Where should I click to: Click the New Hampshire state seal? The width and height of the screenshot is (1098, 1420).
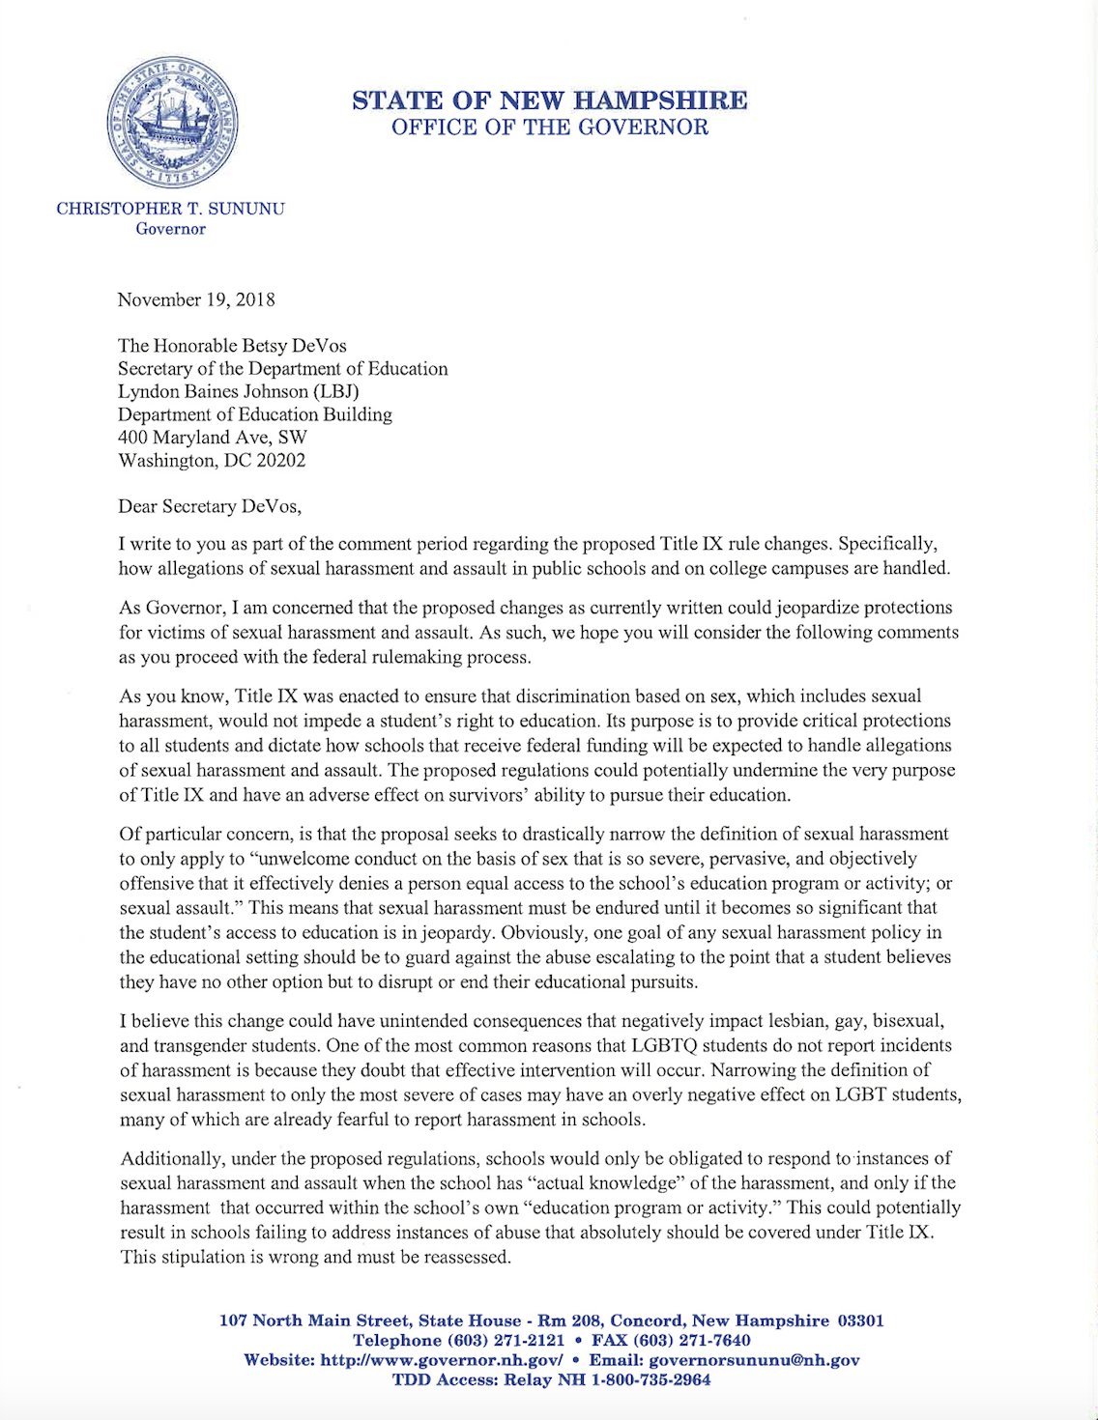[x=172, y=123]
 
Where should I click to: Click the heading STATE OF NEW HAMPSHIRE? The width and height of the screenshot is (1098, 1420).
[x=549, y=100]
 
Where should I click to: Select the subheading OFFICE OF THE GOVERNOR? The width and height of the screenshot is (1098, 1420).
[x=549, y=128]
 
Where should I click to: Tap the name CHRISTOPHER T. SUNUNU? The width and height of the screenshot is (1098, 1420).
[x=170, y=209]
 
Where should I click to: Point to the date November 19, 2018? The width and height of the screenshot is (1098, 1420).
[x=196, y=299]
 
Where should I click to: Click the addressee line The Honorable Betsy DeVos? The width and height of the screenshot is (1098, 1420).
[x=232, y=346]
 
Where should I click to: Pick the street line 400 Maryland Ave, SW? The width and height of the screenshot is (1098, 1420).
[x=212, y=438]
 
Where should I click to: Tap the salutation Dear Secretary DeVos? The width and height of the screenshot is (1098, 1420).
[x=210, y=506]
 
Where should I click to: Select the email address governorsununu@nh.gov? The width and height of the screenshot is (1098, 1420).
[x=754, y=1360]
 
